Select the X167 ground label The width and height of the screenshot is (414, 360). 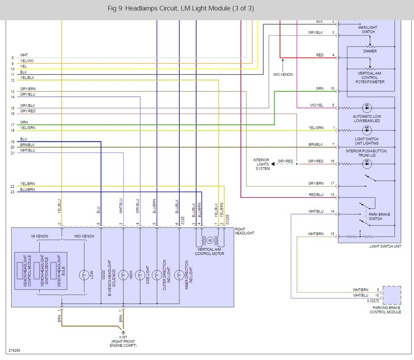[x=123, y=337]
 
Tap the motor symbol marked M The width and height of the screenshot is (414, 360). [x=210, y=240]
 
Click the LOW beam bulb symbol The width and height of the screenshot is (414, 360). [x=84, y=275]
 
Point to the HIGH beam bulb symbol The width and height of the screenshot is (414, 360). [x=123, y=275]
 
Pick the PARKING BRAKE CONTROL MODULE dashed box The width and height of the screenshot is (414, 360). [x=392, y=295]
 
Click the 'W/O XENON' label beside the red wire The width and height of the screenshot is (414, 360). [x=283, y=75]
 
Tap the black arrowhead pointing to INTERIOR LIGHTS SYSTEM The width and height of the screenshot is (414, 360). [x=273, y=164]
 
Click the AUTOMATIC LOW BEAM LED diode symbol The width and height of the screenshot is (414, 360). [x=367, y=108]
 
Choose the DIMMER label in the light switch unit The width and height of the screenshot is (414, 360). [x=370, y=51]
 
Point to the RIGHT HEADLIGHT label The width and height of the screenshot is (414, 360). [x=244, y=231]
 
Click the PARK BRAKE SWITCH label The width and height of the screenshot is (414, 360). [x=379, y=217]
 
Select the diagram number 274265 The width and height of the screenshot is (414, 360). [x=14, y=351]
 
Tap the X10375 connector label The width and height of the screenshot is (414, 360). [x=373, y=301]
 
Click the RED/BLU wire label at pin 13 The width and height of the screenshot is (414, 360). [x=316, y=195]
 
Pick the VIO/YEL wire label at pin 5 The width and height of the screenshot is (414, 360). [x=316, y=105]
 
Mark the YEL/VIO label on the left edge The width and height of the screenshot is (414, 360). [x=27, y=61]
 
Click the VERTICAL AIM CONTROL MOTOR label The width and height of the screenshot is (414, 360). [x=209, y=252]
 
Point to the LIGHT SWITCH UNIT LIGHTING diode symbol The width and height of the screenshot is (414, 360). [x=367, y=130]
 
